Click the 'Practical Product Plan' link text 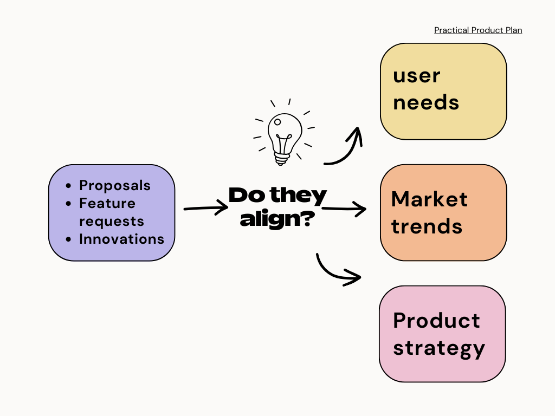(478, 30)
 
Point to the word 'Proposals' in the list (115, 185)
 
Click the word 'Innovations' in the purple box (121, 239)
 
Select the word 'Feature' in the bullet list (107, 203)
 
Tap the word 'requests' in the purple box (112, 221)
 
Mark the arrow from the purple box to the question (206, 207)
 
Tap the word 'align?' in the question (278, 219)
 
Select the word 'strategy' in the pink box (438, 348)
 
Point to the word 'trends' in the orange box (427, 226)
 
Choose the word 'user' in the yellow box (416, 76)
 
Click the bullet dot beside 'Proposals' (68, 186)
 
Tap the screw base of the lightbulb (281, 158)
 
